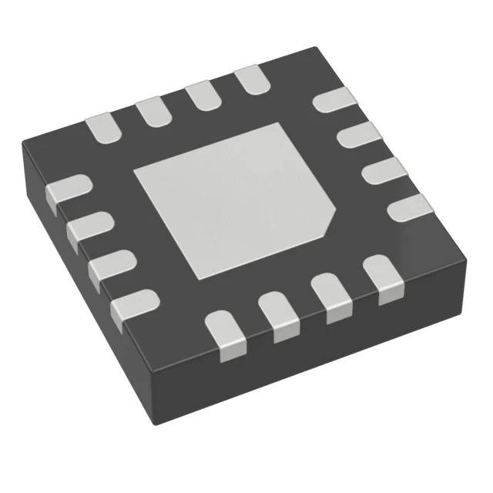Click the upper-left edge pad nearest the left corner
tap(101, 126)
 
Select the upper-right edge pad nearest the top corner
tap(335, 100)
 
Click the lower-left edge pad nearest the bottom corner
tap(133, 306)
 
